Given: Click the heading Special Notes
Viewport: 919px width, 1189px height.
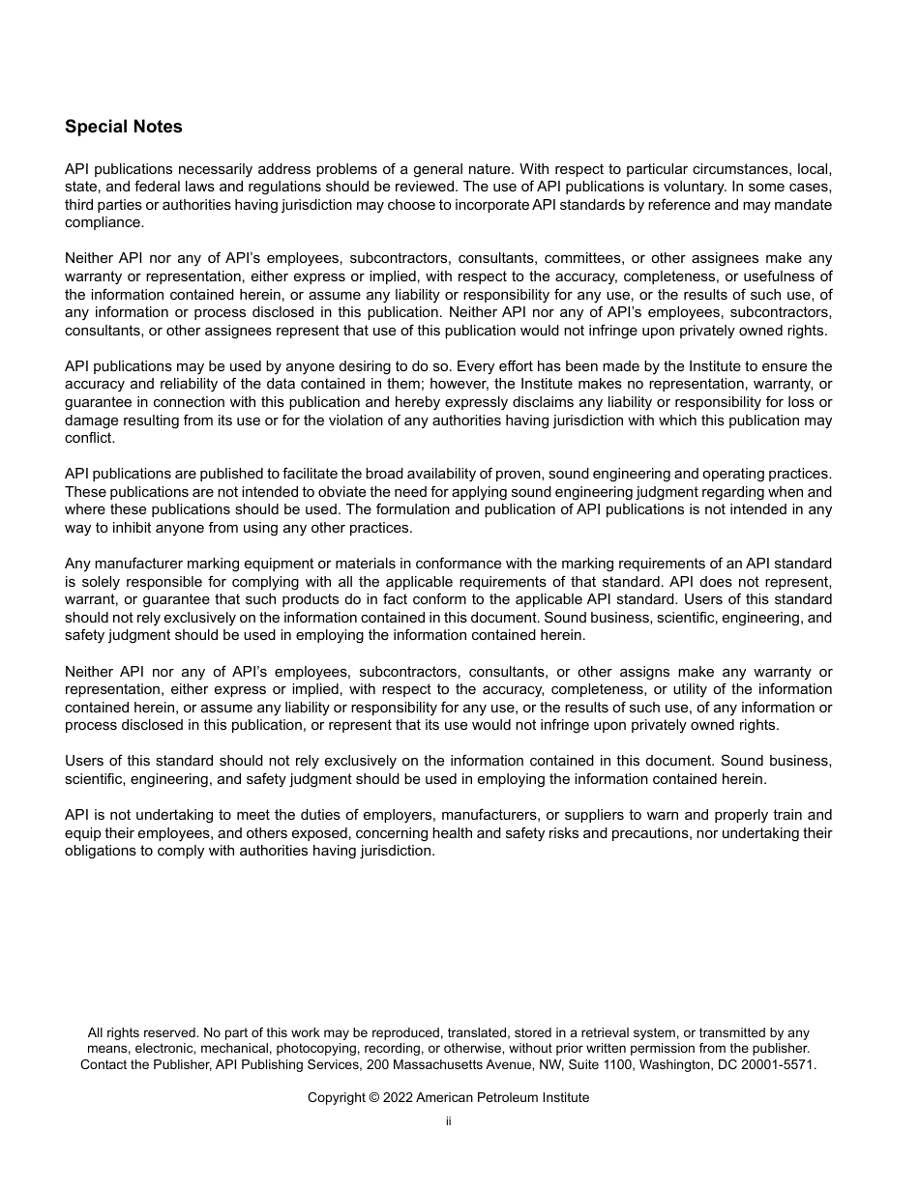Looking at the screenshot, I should [123, 127].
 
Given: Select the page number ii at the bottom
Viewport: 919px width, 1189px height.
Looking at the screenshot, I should [448, 1122].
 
